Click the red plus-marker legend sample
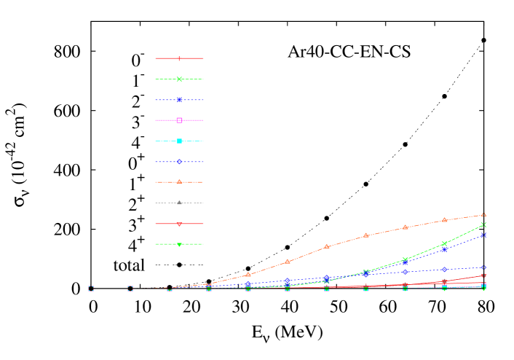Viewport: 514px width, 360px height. click(x=179, y=58)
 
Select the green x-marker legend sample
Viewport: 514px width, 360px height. click(x=179, y=79)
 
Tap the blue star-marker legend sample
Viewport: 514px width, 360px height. click(x=179, y=99)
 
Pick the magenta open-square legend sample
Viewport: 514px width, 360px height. click(x=179, y=120)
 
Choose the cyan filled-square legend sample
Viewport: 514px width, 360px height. click(x=179, y=141)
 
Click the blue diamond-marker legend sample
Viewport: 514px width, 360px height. click(x=179, y=162)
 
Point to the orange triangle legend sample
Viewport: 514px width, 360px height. click(x=179, y=182)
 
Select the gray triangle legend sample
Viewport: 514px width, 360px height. click(x=179, y=203)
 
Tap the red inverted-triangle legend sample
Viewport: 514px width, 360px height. click(x=179, y=224)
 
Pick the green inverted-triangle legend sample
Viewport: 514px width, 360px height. click(x=179, y=244)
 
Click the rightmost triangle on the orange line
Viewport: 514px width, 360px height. click(x=483, y=215)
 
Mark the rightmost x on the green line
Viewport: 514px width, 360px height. click(x=483, y=224)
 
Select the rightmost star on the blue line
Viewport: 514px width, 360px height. click(x=483, y=235)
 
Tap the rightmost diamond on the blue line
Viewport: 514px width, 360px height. click(x=483, y=267)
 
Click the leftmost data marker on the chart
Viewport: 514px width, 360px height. click(x=91, y=289)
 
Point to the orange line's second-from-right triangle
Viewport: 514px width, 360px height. click(x=444, y=220)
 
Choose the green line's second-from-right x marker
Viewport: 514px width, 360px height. click(x=444, y=244)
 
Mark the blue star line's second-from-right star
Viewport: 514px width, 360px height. click(x=444, y=249)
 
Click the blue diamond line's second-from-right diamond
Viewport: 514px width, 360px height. click(x=444, y=270)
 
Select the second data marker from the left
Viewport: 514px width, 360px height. click(x=130, y=289)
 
